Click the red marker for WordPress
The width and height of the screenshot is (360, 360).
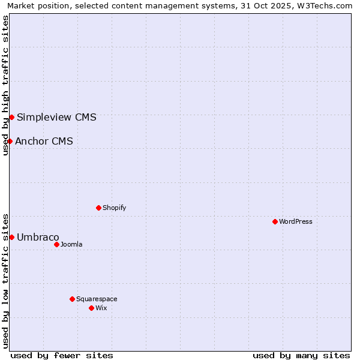point(275,221)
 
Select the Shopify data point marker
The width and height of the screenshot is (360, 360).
point(98,208)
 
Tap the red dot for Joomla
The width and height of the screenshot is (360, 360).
point(56,244)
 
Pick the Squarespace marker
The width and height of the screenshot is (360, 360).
point(72,299)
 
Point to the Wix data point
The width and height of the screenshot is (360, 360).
point(91,308)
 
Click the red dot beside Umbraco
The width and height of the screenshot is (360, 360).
point(11,237)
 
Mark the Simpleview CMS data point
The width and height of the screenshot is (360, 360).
point(11,117)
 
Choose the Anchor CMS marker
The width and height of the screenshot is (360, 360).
point(10,141)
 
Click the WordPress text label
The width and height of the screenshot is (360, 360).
point(296,221)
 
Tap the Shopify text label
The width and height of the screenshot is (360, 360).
point(114,208)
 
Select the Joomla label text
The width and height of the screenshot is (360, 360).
point(71,244)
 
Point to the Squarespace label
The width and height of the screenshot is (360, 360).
point(97,299)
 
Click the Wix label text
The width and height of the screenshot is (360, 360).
point(101,308)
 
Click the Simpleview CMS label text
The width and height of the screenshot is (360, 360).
point(56,117)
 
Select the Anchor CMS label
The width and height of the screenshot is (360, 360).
point(44,141)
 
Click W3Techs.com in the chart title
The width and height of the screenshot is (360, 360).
point(325,6)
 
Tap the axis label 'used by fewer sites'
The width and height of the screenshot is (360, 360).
point(62,355)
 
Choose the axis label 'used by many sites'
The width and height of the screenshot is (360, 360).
point(301,355)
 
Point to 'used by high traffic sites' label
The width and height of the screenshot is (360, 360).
point(6,85)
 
